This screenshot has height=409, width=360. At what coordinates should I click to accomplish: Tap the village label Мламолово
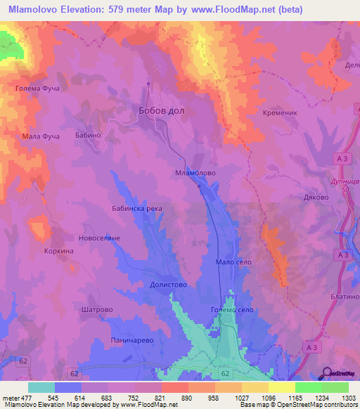click(195, 172)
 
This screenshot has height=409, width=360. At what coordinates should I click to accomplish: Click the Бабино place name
click(89, 135)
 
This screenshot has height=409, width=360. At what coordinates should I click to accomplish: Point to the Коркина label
click(58, 250)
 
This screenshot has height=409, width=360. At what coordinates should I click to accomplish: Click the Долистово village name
click(168, 285)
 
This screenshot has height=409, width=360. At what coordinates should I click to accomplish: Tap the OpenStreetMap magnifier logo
click(326, 372)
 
